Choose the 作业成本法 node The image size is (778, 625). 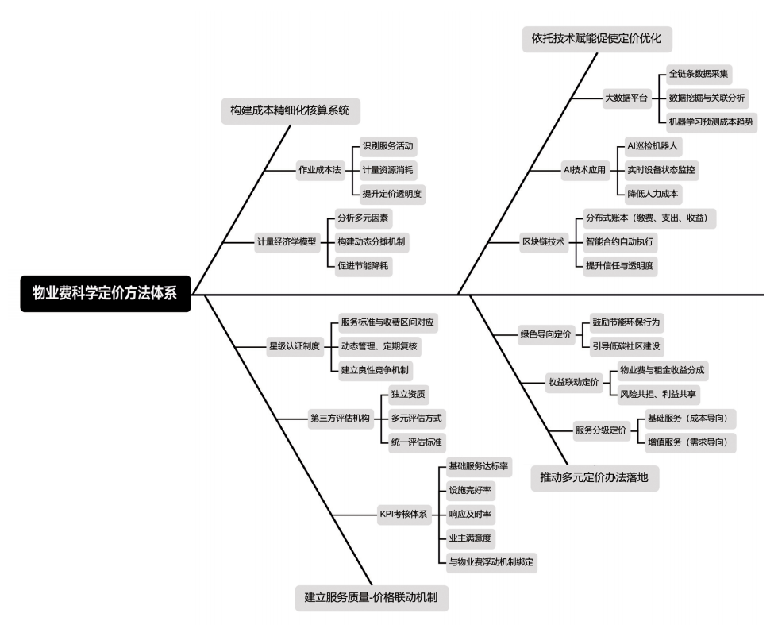point(318,170)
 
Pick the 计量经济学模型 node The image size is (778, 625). point(286,241)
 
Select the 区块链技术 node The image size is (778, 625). point(542,241)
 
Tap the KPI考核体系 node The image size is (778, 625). point(403,514)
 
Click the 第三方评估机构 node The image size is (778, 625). point(340,418)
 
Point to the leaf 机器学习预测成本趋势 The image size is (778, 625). point(711,122)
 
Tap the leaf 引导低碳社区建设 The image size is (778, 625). point(626,346)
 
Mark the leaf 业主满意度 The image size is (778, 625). point(470,538)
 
